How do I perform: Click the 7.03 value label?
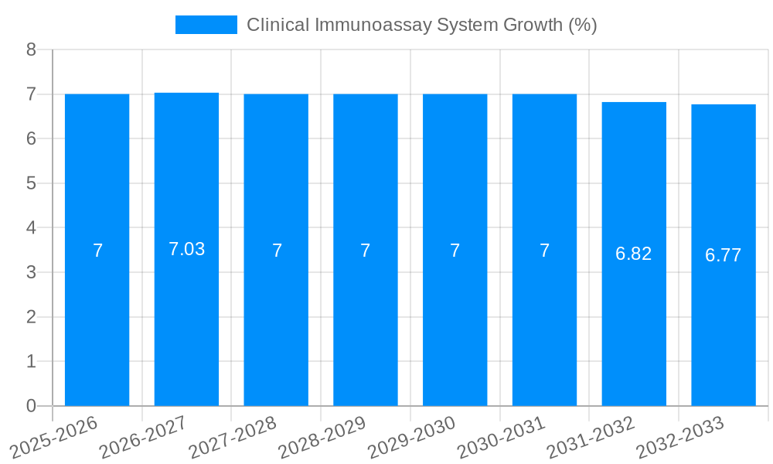point(186,249)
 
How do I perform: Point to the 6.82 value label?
point(634,254)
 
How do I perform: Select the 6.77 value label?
point(724,255)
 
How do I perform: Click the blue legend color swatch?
point(206,25)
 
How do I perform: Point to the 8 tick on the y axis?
point(31,49)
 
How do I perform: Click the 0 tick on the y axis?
point(31,406)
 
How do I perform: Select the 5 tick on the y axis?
point(31,183)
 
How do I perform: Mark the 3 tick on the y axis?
point(31,272)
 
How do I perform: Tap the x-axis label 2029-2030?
point(412,437)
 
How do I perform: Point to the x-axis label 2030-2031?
point(502,437)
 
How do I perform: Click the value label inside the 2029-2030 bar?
point(455,251)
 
